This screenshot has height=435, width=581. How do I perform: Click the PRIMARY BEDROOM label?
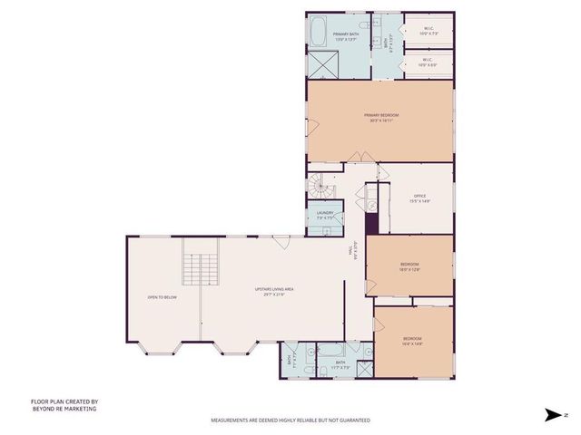coord(381,118)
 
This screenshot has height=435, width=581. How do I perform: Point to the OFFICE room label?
coord(419,199)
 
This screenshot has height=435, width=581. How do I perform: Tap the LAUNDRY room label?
coord(326,215)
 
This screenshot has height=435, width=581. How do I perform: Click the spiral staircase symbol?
coord(319,187)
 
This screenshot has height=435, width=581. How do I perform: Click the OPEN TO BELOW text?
coord(162,296)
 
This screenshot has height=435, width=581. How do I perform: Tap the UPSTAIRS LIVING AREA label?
coord(273,291)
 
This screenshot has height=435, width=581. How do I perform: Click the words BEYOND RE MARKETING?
coord(64,409)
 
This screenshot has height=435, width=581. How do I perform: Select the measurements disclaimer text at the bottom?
coord(290,420)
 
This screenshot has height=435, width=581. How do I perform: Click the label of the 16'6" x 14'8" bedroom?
coord(412,341)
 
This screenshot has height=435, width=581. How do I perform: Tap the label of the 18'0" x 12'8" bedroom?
coord(409,266)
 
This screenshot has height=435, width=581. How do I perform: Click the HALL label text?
coord(353,251)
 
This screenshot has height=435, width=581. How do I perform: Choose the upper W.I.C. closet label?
coord(428,31)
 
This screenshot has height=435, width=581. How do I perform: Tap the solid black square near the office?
coord(371,205)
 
